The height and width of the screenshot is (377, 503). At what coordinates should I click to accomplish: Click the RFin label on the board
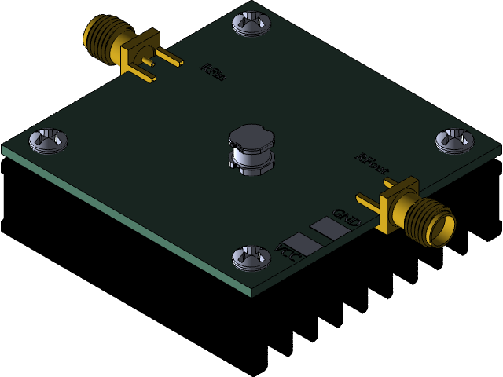[x=213, y=72]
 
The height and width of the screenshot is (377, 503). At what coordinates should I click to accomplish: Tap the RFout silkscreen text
[x=372, y=163]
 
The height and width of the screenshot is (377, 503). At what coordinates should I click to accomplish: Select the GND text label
[x=346, y=218]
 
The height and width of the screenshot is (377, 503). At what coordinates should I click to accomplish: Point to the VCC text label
[x=288, y=253]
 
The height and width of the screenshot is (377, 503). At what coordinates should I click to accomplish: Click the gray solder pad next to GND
[x=329, y=228]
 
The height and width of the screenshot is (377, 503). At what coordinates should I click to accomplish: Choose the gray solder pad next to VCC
[x=303, y=243]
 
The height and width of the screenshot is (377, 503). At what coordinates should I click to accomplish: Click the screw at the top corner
[x=251, y=23]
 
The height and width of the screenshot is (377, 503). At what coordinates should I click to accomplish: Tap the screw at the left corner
[x=48, y=140]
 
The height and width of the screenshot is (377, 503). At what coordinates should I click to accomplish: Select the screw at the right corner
[x=455, y=140]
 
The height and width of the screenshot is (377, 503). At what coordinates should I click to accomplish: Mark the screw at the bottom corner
[x=251, y=257]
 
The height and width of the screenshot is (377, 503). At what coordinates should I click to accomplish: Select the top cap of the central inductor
[x=251, y=136]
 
